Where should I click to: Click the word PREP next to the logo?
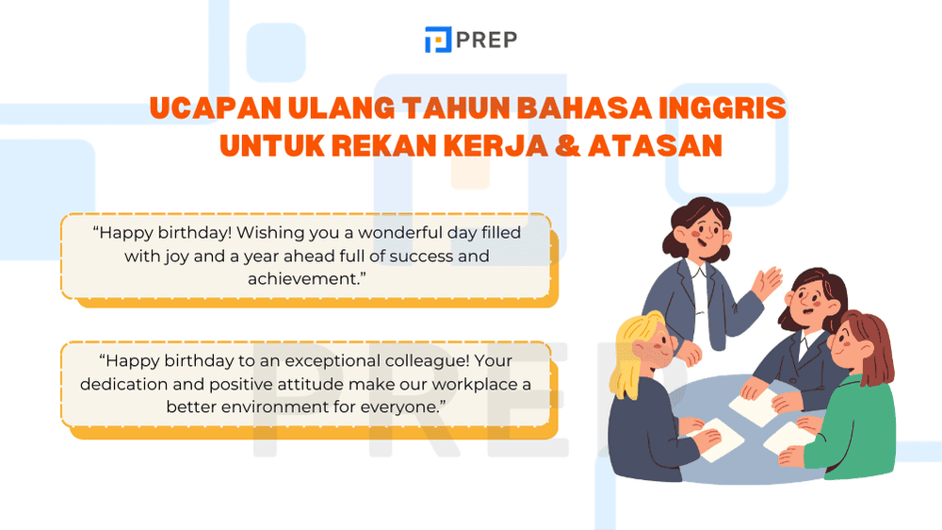tap(487, 40)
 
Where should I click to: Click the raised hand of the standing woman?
tap(771, 282)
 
